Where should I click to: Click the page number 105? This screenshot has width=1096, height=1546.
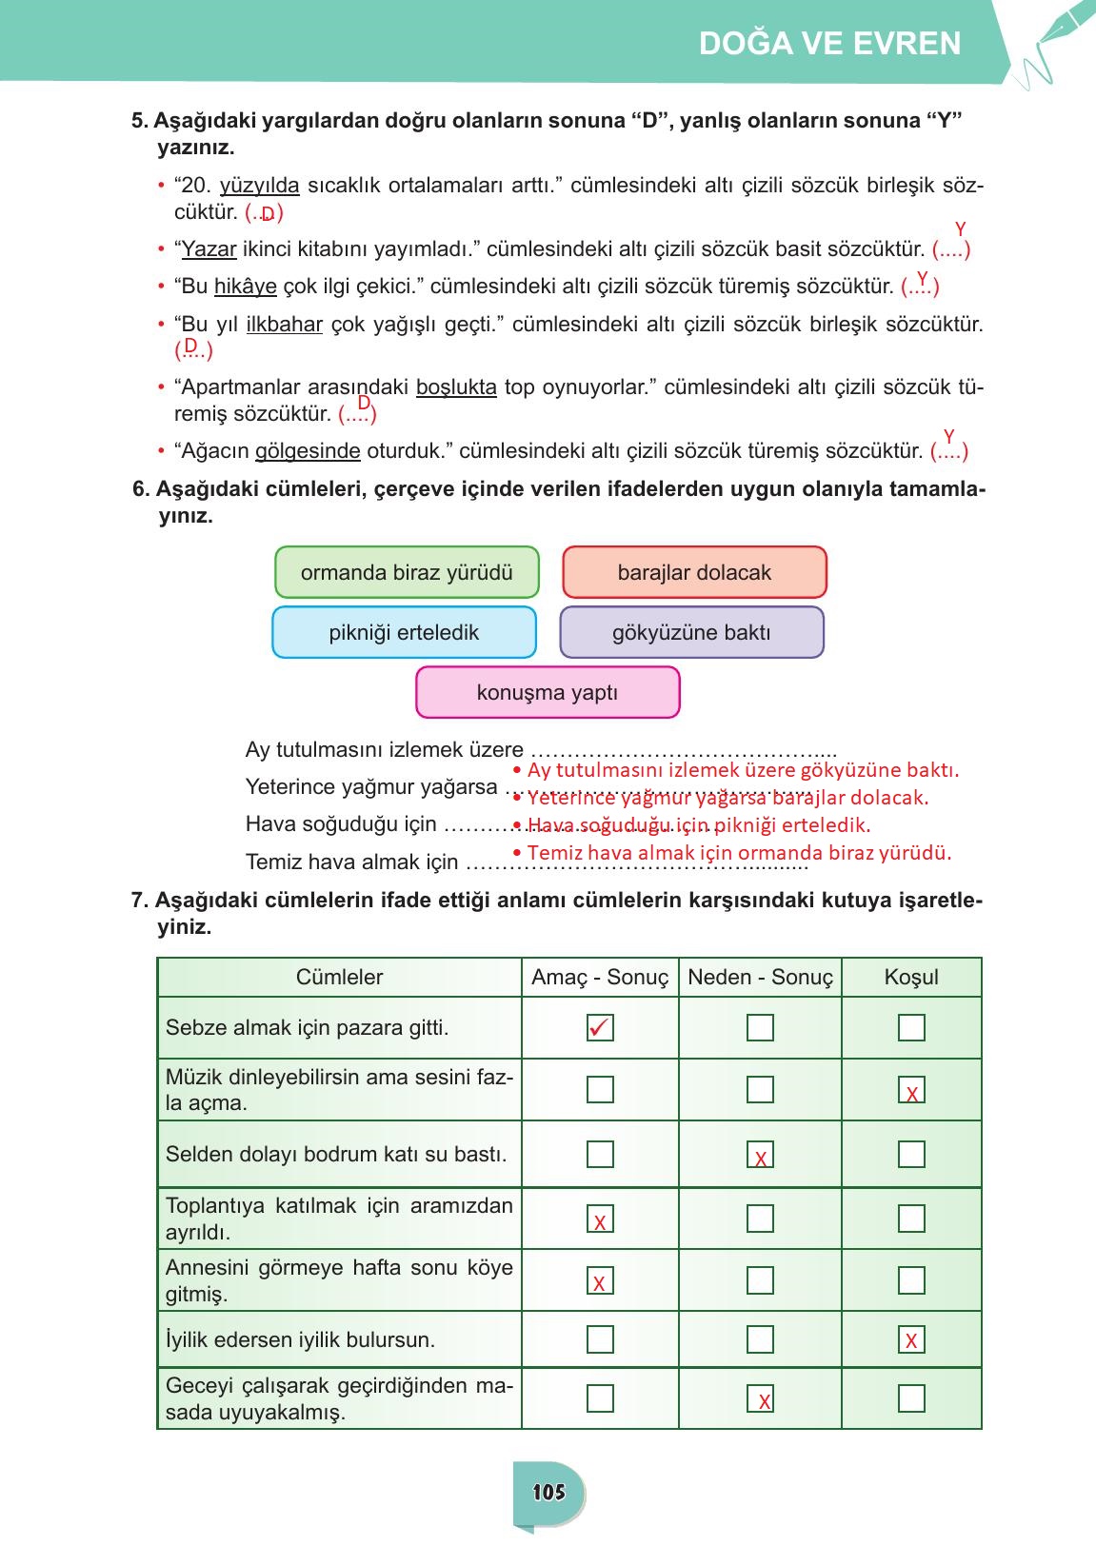(549, 1492)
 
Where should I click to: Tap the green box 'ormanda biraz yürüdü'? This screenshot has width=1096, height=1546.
(407, 572)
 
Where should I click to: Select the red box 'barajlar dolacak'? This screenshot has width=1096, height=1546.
(694, 572)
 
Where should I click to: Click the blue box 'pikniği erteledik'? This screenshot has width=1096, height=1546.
(404, 633)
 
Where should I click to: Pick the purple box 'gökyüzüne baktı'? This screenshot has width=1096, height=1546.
(691, 633)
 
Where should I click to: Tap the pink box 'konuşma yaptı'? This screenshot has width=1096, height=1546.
(548, 692)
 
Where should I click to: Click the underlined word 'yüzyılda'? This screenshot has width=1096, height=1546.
(259, 186)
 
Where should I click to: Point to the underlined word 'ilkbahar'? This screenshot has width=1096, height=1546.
(285, 325)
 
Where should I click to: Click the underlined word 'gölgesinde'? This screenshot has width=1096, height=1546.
(308, 451)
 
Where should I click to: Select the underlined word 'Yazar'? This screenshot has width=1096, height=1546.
(209, 249)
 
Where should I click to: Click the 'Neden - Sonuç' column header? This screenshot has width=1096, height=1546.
(760, 978)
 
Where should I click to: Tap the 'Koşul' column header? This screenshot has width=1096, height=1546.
(911, 978)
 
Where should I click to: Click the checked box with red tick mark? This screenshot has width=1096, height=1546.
(600, 1028)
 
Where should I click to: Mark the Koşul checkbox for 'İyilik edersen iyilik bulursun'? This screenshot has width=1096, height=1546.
(911, 1340)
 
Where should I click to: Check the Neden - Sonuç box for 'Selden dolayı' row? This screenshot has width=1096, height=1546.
(760, 1155)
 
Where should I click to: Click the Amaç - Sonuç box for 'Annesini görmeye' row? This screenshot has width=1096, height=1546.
(600, 1281)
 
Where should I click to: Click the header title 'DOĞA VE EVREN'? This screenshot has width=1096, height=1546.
(829, 44)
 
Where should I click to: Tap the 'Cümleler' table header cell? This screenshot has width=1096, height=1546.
(339, 978)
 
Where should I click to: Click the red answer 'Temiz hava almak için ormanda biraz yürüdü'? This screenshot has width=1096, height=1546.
(738, 853)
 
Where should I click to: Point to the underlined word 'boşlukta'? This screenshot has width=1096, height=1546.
(456, 387)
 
